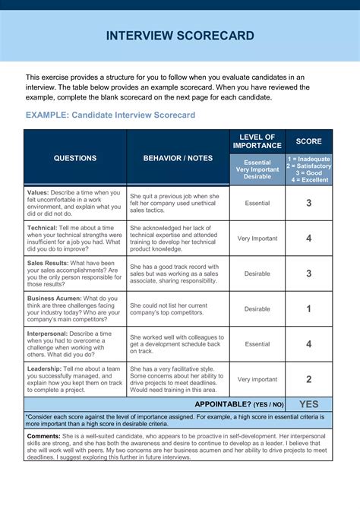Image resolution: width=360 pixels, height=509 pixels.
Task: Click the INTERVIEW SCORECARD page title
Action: [179, 36]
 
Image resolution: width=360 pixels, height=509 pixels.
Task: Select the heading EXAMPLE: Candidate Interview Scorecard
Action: [110, 115]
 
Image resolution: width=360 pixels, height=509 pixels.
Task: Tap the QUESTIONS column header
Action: [74, 158]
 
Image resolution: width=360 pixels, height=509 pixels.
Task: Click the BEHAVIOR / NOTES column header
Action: [178, 158]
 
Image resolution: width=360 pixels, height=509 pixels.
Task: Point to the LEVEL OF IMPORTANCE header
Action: [257, 141]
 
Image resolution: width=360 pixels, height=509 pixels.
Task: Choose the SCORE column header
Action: [308, 141]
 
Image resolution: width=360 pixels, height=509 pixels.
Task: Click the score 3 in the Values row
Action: [308, 203]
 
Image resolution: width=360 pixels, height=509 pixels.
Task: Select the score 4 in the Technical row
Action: [308, 238]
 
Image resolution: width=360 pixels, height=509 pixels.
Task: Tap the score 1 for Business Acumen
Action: [308, 308]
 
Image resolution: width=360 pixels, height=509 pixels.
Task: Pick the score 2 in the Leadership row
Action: [308, 379]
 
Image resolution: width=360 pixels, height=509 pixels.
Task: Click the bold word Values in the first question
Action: [38, 193]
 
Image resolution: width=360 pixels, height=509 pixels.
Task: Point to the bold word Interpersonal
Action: [48, 334]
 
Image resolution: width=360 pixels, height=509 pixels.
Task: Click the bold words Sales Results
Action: [49, 263]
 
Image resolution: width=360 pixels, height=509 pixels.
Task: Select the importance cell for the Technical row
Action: [257, 238]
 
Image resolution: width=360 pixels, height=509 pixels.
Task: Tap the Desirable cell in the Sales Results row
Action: [257, 273]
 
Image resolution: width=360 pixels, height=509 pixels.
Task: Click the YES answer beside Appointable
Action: [308, 404]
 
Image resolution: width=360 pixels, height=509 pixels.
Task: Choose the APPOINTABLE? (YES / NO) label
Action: [238, 405]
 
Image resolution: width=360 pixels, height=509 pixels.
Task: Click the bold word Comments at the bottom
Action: [43, 436]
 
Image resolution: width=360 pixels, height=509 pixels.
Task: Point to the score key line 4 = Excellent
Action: [308, 180]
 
